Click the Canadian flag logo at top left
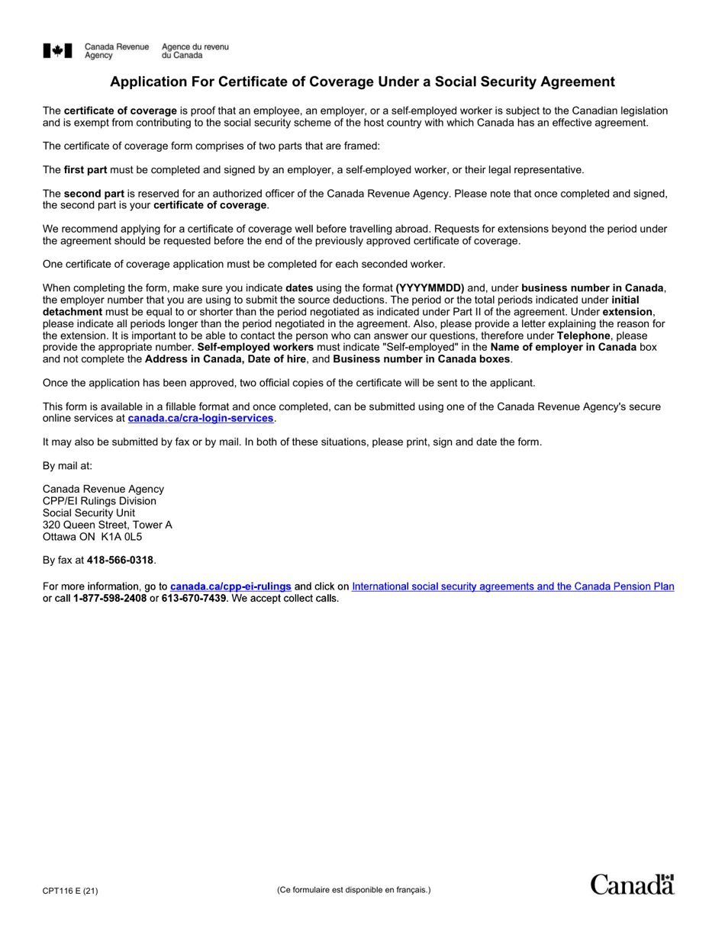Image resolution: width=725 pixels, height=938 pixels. (58, 51)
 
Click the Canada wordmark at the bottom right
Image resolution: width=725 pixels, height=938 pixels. (632, 885)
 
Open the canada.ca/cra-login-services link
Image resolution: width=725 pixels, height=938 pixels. (200, 419)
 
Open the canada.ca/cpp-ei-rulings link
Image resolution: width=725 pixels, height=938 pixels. (230, 586)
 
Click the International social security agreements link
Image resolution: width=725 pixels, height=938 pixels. (513, 586)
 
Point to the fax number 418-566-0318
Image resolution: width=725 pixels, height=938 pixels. (120, 561)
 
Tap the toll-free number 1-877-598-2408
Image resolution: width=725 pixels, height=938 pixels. (110, 599)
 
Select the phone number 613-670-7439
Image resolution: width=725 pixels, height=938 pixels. (194, 599)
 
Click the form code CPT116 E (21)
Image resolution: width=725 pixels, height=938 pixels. (70, 890)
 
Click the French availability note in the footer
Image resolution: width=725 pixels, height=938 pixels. (353, 889)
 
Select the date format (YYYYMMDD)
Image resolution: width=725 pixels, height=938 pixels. (430, 288)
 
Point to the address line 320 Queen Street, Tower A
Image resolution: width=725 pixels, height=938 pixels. (107, 525)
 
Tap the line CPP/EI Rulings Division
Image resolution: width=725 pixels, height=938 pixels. (99, 501)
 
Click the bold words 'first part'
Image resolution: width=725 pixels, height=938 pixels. (85, 170)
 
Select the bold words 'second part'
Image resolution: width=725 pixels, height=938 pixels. (93, 194)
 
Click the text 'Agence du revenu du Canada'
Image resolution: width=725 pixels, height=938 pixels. (195, 51)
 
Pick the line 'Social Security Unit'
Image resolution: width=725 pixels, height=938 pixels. (89, 513)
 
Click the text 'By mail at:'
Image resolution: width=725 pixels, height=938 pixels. (67, 466)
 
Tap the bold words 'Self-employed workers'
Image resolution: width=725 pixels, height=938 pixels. (256, 347)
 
